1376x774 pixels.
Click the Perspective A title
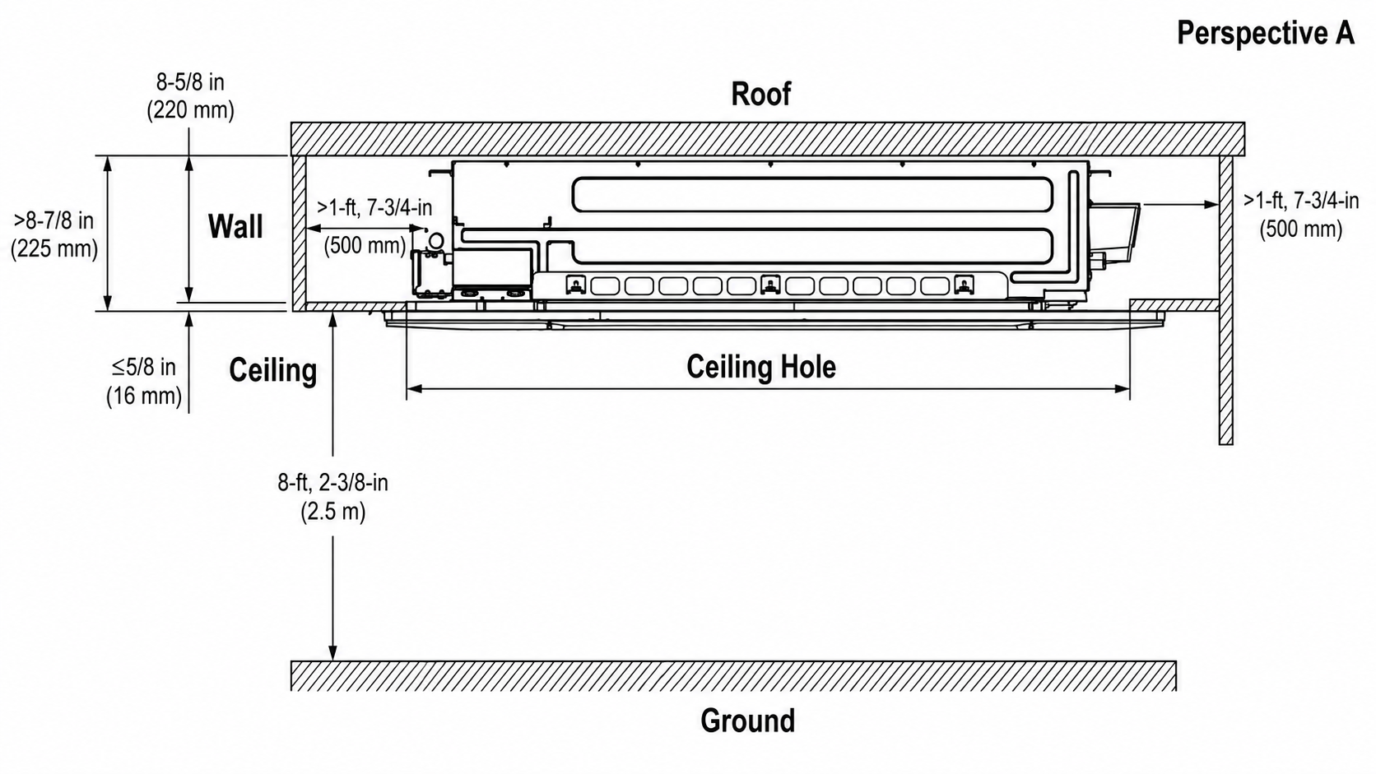1266,34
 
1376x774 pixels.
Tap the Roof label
760,94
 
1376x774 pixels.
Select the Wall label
235,226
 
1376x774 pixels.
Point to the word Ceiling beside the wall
272,371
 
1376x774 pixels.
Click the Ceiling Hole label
761,367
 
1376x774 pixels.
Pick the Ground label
747,721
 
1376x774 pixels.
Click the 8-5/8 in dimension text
190,82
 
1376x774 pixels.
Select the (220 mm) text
190,110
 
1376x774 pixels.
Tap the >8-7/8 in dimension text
54,221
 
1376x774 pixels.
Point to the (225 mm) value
54,249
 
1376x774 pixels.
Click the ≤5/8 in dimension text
144,367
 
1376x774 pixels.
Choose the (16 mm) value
144,396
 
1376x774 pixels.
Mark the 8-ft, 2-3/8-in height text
333,483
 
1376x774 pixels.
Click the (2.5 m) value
333,512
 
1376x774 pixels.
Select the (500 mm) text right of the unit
1301,229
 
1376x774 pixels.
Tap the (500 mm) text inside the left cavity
365,245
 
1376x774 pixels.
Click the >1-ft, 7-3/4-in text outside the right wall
1301,201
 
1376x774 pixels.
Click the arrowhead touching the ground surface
333,652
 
